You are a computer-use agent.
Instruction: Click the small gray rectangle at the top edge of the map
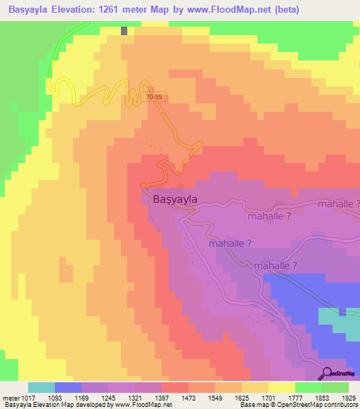pos(124,31)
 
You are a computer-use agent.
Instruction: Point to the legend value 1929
pos(348,397)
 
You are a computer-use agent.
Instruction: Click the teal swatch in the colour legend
pos(41,387)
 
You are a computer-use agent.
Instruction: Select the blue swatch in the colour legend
pos(67,387)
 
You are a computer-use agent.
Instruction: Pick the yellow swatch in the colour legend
pos(281,387)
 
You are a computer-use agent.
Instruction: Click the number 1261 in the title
pos(120,10)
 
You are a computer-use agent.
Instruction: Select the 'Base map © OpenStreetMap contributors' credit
pos(298,405)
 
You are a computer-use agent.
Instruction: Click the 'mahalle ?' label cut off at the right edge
pos(338,204)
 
